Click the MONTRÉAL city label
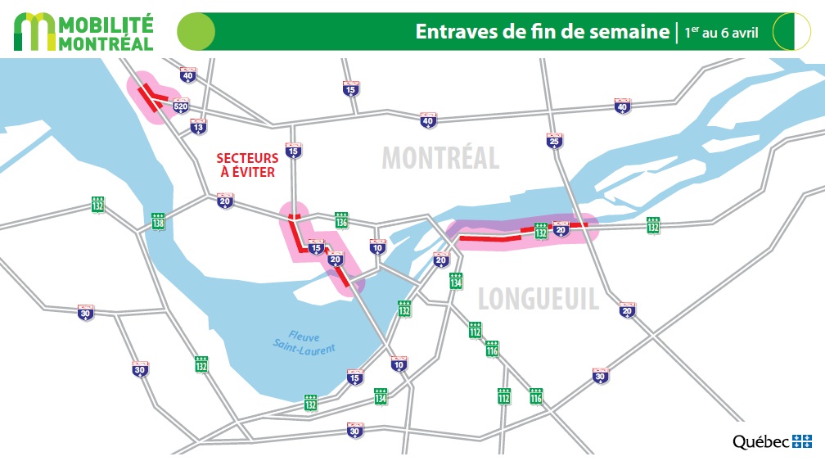(440, 158)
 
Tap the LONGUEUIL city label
(538, 299)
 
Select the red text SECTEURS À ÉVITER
(246, 165)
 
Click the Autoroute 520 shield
(181, 104)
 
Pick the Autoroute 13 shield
(198, 126)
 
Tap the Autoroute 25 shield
(555, 141)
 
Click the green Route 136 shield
(341, 219)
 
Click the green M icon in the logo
(35, 33)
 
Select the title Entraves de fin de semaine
(542, 32)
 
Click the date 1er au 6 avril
(721, 33)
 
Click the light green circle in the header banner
(196, 32)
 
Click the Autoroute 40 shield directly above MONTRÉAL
(428, 120)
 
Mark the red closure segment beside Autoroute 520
(149, 97)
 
